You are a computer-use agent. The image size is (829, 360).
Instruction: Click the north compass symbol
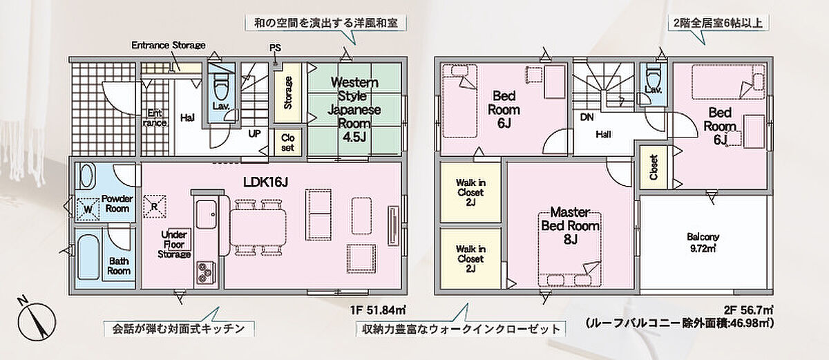(x=36, y=321)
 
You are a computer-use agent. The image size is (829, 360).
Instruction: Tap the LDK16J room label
(x=265, y=182)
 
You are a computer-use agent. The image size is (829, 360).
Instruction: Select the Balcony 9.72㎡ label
(x=703, y=243)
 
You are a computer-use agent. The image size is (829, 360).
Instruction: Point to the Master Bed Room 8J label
(x=570, y=225)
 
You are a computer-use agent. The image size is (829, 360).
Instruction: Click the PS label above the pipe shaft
(x=275, y=48)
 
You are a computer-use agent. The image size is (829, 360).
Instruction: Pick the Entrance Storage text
(x=169, y=45)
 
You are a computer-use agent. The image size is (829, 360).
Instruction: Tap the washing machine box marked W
(x=88, y=209)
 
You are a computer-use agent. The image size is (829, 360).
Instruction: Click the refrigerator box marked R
(x=154, y=207)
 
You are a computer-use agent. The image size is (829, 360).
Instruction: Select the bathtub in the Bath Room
(x=89, y=257)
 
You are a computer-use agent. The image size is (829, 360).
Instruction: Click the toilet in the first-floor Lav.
(x=221, y=85)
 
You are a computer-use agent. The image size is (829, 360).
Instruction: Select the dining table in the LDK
(x=258, y=227)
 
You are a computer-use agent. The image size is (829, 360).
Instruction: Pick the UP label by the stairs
(x=254, y=133)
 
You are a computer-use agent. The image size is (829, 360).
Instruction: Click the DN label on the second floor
(x=587, y=117)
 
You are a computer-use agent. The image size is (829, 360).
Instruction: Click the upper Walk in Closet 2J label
(x=470, y=192)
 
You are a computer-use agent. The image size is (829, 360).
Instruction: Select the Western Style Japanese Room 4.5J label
(x=354, y=109)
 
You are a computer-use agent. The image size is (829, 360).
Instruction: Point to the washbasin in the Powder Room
(x=87, y=176)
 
